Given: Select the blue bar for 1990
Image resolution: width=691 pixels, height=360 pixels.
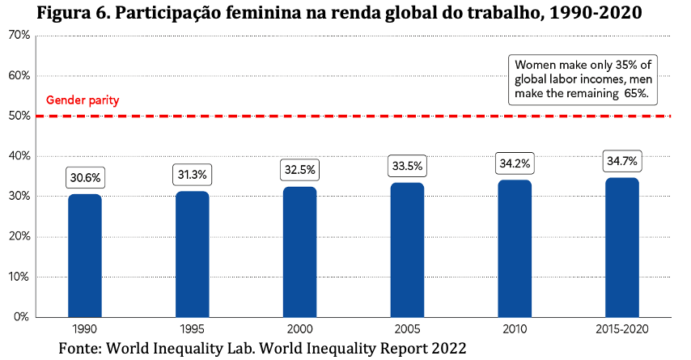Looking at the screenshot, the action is click(x=85, y=256).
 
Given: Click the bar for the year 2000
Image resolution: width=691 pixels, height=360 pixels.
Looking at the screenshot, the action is click(x=299, y=252).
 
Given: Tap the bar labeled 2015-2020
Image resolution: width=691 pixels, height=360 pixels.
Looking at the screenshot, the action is click(x=621, y=248).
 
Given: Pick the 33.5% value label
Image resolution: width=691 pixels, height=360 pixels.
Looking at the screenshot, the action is click(x=407, y=166).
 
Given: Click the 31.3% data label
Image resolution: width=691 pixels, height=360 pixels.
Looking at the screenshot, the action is click(x=192, y=175).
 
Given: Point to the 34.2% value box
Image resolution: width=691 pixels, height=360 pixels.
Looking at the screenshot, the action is click(x=515, y=163).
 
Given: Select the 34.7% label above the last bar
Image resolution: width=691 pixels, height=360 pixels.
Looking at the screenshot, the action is click(x=621, y=161).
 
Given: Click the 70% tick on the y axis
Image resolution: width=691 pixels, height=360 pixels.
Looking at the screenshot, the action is click(x=19, y=36).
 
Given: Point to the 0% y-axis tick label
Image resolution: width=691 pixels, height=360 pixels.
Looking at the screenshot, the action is click(x=22, y=317).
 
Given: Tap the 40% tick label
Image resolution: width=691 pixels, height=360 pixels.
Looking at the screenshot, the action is click(x=19, y=156).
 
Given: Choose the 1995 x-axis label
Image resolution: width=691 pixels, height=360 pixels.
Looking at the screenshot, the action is click(x=192, y=329).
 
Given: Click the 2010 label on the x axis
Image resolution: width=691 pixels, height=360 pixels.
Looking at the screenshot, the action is click(x=515, y=329).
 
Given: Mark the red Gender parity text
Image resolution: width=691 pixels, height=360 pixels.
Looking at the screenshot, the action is click(x=83, y=100).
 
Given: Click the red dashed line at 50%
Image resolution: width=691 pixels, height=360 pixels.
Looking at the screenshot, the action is click(x=353, y=116).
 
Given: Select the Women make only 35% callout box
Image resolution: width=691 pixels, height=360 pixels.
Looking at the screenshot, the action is click(x=583, y=80).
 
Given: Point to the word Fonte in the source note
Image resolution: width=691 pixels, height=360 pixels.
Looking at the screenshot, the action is click(x=80, y=348).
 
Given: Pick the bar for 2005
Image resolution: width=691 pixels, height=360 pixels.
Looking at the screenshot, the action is click(x=407, y=250).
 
